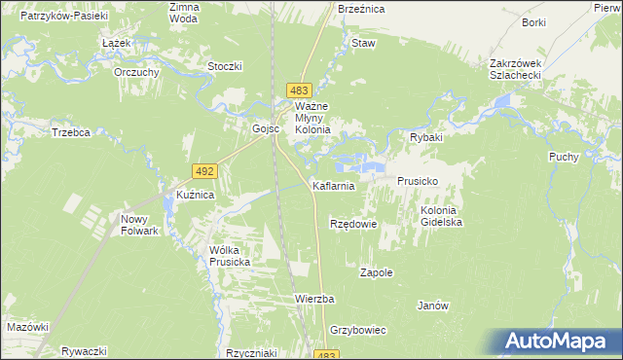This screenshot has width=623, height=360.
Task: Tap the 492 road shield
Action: (x=204, y=170)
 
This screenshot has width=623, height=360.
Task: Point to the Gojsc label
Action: (x=266, y=128)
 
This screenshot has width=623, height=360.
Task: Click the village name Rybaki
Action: (x=425, y=138)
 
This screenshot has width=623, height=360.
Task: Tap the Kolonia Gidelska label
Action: (x=440, y=216)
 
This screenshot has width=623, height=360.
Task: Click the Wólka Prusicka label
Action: (x=230, y=256)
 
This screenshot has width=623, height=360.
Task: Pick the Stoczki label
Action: (x=225, y=66)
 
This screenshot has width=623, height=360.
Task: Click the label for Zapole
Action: (x=376, y=273)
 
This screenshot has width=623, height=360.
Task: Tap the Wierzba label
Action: (x=314, y=299)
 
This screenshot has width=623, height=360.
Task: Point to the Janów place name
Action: (x=432, y=306)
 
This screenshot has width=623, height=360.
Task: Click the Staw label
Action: (x=363, y=44)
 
